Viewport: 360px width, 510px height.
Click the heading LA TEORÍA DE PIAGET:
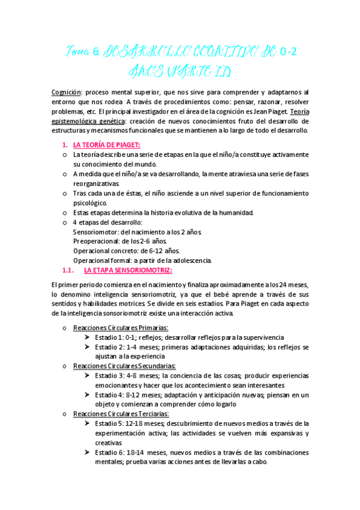[x=106, y=145]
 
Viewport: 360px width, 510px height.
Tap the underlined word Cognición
[x=66, y=92]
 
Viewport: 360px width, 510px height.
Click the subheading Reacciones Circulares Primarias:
[x=120, y=328]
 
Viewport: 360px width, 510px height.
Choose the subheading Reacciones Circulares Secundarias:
[x=124, y=366]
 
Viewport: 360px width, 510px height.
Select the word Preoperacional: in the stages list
[x=97, y=241]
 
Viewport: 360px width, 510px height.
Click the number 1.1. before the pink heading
[x=69, y=270]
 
